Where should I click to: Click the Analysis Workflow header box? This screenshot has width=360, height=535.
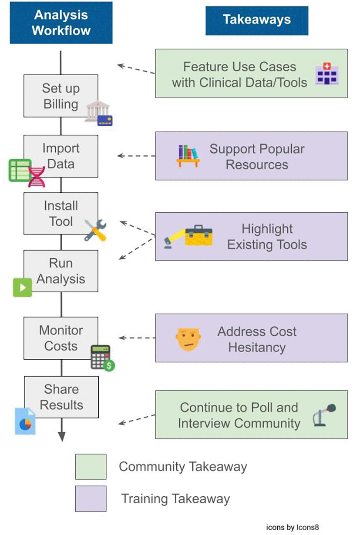[x=61, y=23]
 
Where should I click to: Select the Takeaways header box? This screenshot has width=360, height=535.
[x=257, y=20]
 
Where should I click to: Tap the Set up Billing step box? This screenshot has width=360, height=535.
[x=61, y=96]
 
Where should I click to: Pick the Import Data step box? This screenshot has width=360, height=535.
[x=61, y=156]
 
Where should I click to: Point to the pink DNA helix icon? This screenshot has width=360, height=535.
[x=37, y=176]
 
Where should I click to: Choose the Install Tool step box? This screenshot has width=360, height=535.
[x=61, y=213]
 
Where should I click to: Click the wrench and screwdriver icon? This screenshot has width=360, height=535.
[x=95, y=230]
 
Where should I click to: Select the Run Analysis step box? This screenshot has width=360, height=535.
[x=61, y=271]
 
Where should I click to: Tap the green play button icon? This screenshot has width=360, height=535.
[x=23, y=287]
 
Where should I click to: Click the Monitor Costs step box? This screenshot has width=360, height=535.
[x=61, y=338]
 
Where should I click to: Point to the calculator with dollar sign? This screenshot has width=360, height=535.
[x=102, y=358]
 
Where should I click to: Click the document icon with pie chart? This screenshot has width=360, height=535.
[x=25, y=421]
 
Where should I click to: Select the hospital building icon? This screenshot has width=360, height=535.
[x=327, y=73]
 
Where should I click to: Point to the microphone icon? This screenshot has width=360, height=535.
[x=325, y=415]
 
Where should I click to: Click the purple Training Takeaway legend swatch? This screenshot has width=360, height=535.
[x=91, y=498]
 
